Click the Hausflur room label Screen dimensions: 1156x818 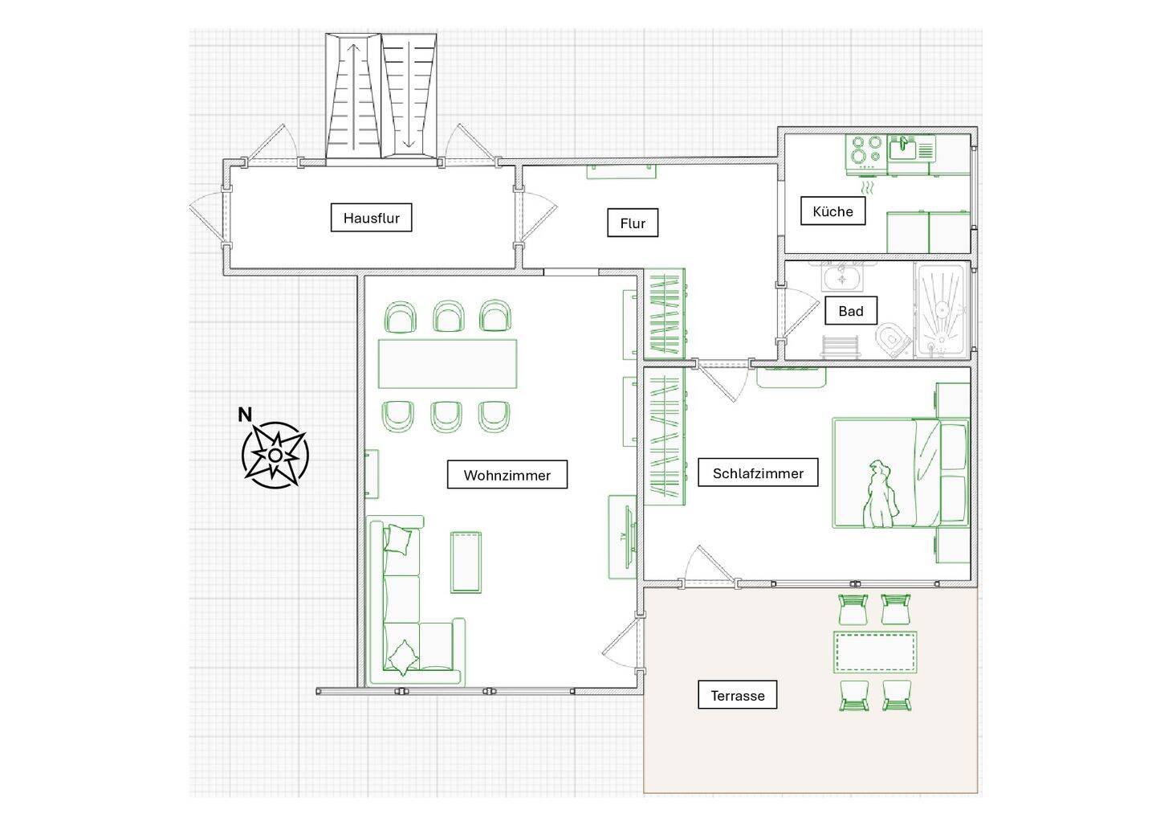(371, 218)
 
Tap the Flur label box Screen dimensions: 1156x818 (633, 223)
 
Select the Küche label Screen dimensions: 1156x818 (833, 211)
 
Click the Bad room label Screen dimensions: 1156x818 (851, 310)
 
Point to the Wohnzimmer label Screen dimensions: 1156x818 (507, 474)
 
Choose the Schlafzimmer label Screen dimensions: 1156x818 (758, 472)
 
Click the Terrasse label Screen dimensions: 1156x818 (738, 694)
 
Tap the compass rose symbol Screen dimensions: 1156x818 (275, 455)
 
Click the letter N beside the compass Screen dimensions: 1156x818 (245, 414)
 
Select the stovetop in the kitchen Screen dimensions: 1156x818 (866, 152)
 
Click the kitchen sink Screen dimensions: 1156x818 (902, 149)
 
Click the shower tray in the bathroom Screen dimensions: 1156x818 (942, 310)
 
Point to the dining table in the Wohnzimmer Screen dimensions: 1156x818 (447, 363)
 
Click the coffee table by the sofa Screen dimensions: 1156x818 (466, 562)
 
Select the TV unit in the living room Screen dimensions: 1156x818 (622, 537)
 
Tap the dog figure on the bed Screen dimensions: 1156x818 (880, 495)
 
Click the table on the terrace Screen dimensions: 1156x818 (875, 652)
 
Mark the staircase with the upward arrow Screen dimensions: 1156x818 (353, 96)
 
